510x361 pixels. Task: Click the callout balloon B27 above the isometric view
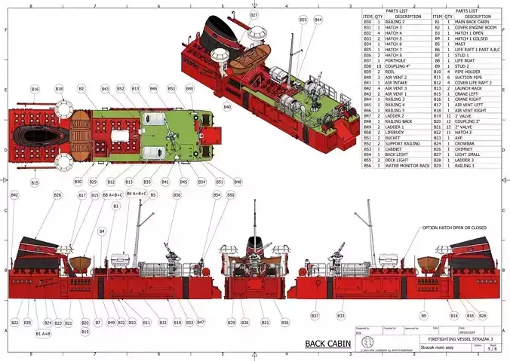[x=253, y=15]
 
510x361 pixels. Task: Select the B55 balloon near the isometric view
[x=303, y=20]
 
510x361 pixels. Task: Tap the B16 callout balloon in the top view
[x=35, y=89]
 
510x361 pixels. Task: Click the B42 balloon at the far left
[x=14, y=195]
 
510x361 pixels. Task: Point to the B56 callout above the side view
[x=177, y=195]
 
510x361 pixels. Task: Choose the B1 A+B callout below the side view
[x=43, y=333]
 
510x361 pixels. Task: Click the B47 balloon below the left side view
[x=201, y=322]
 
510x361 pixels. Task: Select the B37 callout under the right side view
[x=315, y=315]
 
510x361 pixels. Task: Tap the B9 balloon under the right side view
[x=424, y=315]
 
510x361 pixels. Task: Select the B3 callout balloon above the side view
[x=116, y=206]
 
